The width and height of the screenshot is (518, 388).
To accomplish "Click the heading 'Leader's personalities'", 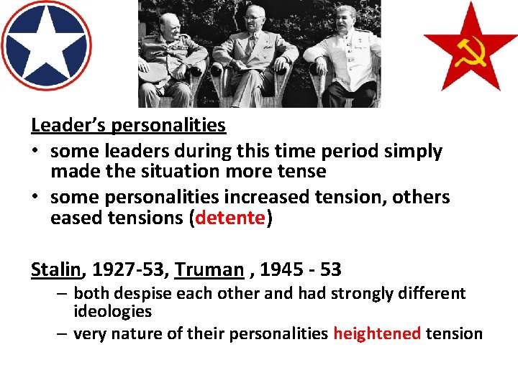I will [128, 125].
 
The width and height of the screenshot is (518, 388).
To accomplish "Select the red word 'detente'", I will [230, 218].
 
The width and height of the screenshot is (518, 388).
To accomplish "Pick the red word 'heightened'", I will [377, 333].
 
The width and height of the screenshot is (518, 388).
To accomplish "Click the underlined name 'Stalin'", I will [56, 269].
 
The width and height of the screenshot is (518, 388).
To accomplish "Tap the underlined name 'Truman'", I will [209, 269].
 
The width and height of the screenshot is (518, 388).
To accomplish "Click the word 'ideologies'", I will [113, 311].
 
